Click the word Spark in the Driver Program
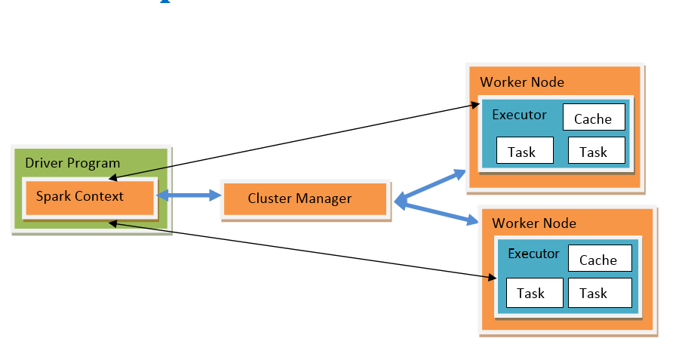(x=52, y=197)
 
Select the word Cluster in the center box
(x=270, y=199)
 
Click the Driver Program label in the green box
(x=72, y=163)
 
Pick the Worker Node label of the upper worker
(x=522, y=82)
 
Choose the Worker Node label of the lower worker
(x=534, y=223)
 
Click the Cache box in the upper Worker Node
(x=593, y=118)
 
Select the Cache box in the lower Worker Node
(x=598, y=260)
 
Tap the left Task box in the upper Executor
(x=522, y=152)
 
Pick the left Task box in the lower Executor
(x=531, y=293)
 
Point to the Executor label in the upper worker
(x=520, y=115)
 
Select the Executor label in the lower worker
(x=534, y=254)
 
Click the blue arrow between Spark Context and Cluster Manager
(x=188, y=196)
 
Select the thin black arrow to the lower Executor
(x=302, y=251)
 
